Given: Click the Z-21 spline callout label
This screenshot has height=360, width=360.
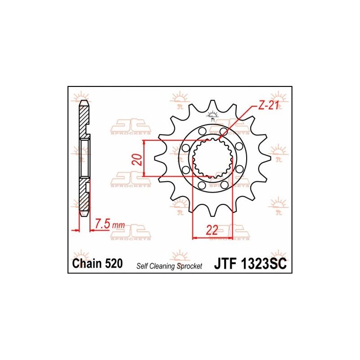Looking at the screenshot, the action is pyautogui.click(x=268, y=106).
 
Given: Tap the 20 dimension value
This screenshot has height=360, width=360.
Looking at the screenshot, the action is pyautogui.click(x=137, y=159).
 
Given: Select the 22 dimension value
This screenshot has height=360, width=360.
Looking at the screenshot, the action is pyautogui.click(x=211, y=230).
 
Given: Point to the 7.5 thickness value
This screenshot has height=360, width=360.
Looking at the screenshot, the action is pyautogui.click(x=103, y=224).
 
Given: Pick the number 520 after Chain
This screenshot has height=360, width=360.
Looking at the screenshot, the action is pyautogui.click(x=114, y=263).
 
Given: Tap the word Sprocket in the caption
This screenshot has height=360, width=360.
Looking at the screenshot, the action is pyautogui.click(x=189, y=266).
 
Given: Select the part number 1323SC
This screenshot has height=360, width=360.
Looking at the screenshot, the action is pyautogui.click(x=263, y=264).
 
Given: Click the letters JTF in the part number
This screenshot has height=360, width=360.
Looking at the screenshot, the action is pyautogui.click(x=225, y=264).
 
